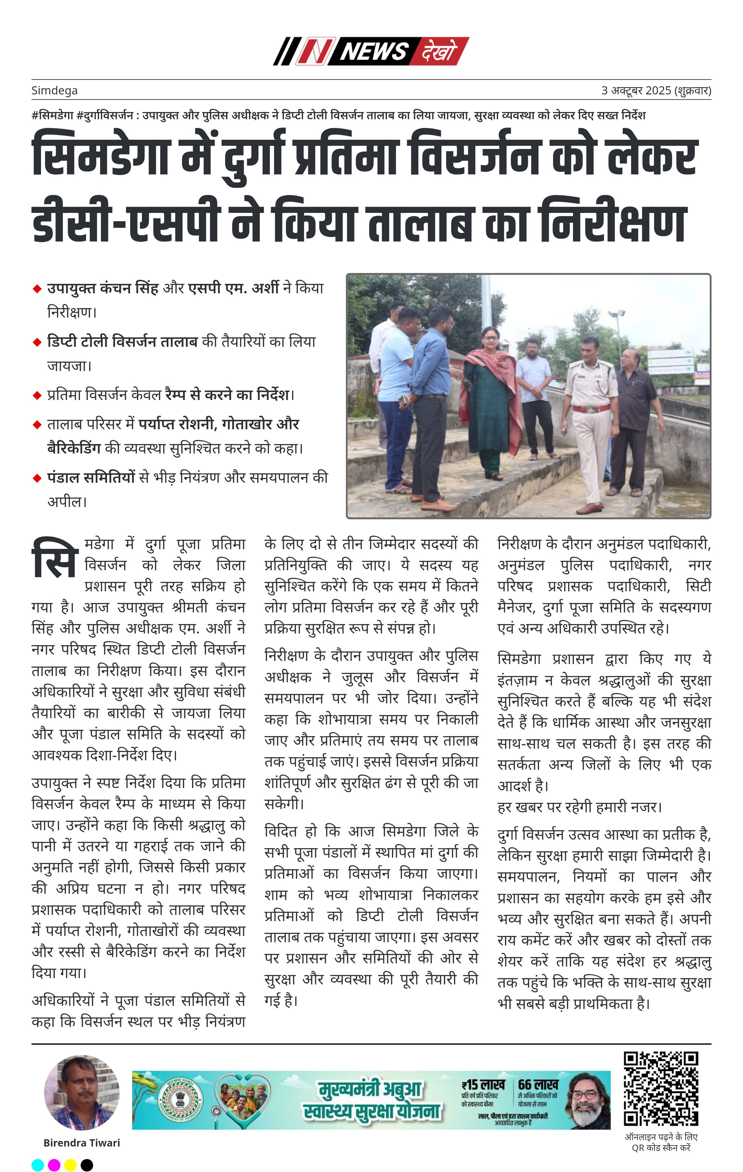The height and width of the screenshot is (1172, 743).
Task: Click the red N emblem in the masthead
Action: [315, 51]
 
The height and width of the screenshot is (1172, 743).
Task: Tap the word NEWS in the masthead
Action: [373, 51]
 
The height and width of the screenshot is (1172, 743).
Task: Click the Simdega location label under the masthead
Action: [54, 91]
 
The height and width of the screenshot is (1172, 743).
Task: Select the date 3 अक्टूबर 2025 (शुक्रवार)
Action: [656, 91]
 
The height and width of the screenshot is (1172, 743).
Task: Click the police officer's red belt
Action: [591, 409]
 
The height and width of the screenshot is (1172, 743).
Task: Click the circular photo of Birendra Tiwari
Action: [82, 1092]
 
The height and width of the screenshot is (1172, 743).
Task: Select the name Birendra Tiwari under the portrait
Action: [82, 1143]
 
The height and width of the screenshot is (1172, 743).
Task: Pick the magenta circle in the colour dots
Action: [54, 1165]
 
